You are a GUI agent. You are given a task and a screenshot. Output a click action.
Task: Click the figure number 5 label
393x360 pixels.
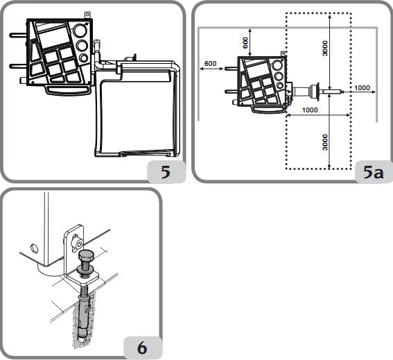point(166,172)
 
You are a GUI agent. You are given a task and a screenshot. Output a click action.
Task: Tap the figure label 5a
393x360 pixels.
point(373,172)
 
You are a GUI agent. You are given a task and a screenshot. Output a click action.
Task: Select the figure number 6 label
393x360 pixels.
point(142,348)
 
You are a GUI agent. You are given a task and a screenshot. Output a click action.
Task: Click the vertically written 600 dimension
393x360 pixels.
point(245,43)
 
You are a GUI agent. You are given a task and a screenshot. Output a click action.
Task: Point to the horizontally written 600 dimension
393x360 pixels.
point(210,64)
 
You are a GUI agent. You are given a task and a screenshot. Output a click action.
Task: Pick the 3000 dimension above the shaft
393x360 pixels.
point(325,49)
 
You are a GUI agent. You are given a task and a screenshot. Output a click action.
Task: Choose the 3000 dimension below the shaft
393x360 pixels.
point(325,142)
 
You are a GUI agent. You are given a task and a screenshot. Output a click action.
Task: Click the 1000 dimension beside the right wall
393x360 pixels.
point(362,88)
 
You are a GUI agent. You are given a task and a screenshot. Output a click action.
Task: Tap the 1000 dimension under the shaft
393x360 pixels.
point(310,110)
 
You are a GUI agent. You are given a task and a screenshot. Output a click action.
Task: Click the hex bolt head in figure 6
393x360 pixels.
point(86,257)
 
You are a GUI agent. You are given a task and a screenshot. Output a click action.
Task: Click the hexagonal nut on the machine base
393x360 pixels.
point(34,248)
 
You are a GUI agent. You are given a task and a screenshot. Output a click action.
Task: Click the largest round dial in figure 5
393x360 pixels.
point(80,31)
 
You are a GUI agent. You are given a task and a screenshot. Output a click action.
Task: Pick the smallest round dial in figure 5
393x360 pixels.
point(83,58)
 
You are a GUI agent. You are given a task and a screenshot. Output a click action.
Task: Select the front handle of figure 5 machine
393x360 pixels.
point(68,91)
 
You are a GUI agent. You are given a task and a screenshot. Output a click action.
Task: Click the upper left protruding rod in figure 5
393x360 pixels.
point(18,35)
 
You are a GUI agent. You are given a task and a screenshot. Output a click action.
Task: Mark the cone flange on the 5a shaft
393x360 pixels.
point(315,92)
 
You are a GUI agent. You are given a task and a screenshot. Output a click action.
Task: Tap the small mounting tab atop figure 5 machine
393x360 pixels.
point(87,15)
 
